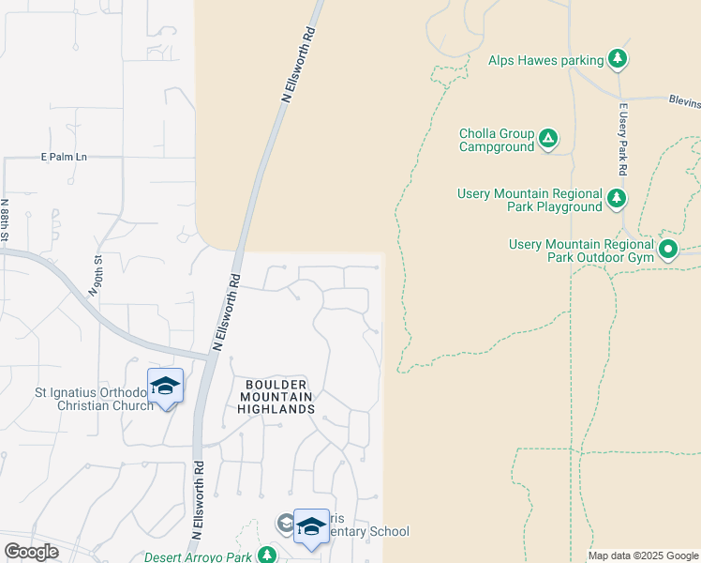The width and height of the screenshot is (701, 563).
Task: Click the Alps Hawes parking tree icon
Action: point(618,60)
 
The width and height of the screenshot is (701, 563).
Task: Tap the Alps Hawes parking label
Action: point(545,61)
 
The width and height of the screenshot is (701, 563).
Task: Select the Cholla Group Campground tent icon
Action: point(548,141)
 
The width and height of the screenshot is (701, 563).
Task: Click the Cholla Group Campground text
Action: point(496,141)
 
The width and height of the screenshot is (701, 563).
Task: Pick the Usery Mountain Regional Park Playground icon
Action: point(616,198)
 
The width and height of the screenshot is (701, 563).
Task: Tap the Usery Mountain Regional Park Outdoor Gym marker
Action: point(668,250)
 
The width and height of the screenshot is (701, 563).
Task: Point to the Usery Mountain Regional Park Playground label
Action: point(529,200)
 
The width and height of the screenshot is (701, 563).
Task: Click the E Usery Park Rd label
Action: point(621,141)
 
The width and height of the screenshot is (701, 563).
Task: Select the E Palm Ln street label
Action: point(64,157)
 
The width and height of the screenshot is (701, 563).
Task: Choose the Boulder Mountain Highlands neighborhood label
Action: point(275,397)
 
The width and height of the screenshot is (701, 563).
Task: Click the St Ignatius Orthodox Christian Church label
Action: point(92,399)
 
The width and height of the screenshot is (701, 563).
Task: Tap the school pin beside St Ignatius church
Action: point(166,388)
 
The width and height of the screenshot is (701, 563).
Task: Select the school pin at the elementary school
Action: point(311,528)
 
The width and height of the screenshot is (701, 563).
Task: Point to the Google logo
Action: point(31,552)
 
